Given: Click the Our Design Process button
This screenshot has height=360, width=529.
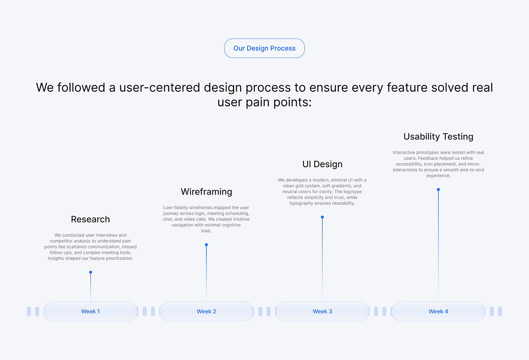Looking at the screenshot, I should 264,48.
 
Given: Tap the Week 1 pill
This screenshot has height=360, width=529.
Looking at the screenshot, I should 90,311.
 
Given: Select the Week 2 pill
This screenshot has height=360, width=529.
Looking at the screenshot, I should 206,311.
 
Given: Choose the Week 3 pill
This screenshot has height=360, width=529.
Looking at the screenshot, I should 322,311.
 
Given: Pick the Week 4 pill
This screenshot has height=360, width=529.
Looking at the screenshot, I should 438,311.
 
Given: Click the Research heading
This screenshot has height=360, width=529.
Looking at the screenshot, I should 90,219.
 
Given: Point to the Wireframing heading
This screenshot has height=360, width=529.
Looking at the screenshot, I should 206,191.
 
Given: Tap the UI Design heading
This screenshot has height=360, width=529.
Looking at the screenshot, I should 322,164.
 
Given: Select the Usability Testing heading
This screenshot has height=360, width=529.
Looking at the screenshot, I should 438,136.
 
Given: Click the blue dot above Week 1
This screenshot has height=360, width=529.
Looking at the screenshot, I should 90,272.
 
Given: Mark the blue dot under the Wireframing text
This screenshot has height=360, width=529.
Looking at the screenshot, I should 206,244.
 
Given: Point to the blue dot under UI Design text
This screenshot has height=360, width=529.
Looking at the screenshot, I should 322,217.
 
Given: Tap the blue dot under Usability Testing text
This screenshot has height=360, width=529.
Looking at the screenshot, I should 438,189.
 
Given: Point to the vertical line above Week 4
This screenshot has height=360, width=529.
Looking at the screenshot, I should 438,247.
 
